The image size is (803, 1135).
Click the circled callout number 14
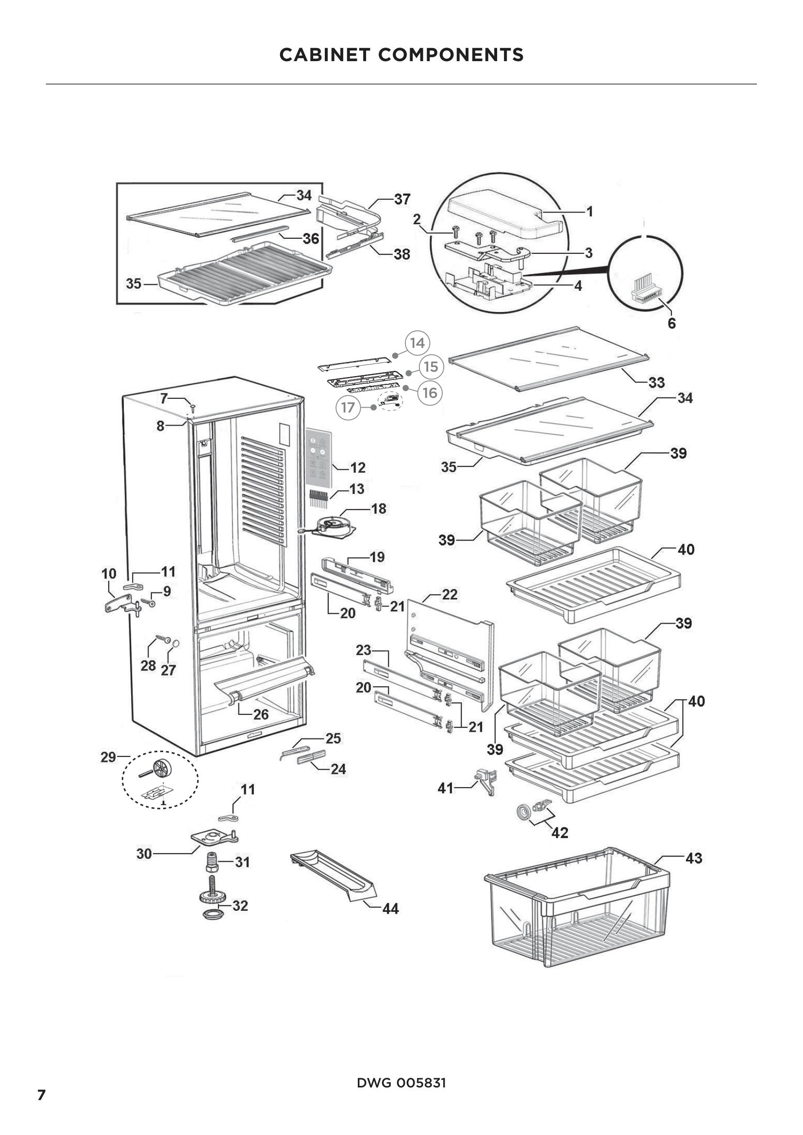(417, 343)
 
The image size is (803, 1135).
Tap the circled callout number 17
(348, 407)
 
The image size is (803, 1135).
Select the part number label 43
(694, 858)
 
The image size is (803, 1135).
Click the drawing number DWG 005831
(401, 1083)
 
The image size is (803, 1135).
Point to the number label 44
(391, 908)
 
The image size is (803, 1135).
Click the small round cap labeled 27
(175, 643)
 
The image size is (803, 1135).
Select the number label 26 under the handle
(261, 714)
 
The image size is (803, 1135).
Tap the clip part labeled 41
(485, 781)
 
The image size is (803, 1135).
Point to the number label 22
(449, 595)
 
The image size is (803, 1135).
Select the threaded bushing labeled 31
(212, 862)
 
